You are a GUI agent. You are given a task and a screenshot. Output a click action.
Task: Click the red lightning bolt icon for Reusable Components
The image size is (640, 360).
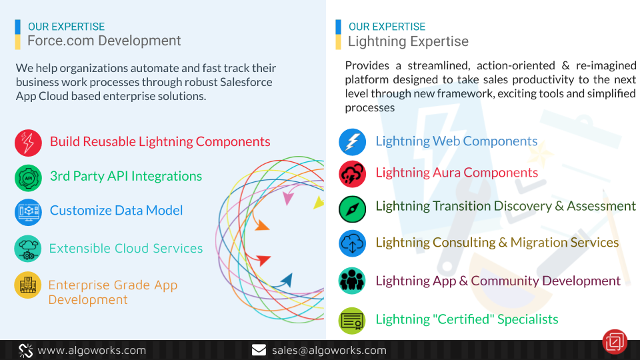[x=28, y=143]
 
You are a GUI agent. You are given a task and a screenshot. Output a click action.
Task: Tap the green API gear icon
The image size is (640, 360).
[x=28, y=178]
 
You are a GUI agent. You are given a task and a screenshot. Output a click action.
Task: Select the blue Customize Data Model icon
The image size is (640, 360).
[x=28, y=212]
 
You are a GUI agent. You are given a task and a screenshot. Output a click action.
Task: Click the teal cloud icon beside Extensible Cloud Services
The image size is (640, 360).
[x=28, y=249]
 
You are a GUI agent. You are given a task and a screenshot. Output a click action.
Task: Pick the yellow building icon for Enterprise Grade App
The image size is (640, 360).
[x=28, y=285]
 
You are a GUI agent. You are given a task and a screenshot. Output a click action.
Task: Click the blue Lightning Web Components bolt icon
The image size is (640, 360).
[x=352, y=142]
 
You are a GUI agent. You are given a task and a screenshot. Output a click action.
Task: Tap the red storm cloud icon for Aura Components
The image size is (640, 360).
[x=352, y=174]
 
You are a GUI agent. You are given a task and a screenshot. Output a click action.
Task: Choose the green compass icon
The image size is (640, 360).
[x=352, y=209]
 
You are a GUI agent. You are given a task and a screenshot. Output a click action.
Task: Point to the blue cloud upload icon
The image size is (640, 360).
[x=352, y=244]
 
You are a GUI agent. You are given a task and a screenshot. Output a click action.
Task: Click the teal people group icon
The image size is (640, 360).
[x=352, y=281]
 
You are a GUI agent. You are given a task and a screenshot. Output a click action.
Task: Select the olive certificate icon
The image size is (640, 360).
[x=352, y=321]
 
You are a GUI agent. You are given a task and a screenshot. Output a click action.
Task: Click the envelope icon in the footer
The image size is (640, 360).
[x=259, y=350]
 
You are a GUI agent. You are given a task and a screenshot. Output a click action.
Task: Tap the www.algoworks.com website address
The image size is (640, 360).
[x=92, y=350]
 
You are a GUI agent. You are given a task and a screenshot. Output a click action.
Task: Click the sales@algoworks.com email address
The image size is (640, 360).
[x=329, y=350]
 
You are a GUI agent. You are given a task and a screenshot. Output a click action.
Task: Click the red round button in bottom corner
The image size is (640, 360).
[x=615, y=341]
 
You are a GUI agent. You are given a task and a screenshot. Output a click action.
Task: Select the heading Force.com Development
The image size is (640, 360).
[x=104, y=41]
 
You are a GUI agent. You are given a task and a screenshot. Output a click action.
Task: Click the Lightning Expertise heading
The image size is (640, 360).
[x=408, y=41]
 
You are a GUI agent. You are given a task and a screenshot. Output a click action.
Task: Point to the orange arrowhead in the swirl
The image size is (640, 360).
[x=262, y=225]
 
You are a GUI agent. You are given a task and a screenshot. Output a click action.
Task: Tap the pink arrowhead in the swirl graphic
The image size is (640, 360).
[x=288, y=198]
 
